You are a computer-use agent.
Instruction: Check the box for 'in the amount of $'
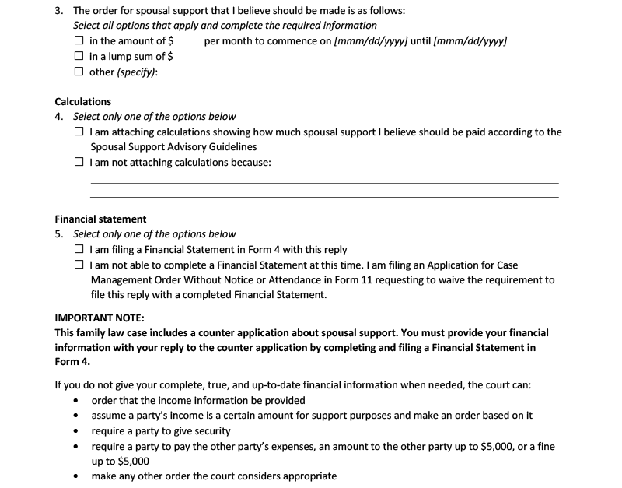point(79,40)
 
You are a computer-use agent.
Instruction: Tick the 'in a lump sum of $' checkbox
point(79,56)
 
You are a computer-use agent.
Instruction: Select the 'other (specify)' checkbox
point(79,72)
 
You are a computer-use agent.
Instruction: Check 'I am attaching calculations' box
point(79,132)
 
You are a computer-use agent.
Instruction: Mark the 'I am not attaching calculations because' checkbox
point(79,163)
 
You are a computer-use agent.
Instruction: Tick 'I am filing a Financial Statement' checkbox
point(79,250)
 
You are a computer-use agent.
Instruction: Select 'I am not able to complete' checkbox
point(79,265)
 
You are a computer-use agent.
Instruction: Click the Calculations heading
point(83,102)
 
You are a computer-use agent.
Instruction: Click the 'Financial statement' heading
point(100,219)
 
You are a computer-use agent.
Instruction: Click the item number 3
point(59,11)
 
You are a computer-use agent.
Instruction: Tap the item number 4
point(59,117)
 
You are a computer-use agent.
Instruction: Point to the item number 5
point(59,234)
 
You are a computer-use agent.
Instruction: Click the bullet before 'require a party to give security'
point(75,431)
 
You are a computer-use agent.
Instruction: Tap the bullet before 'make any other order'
point(75,476)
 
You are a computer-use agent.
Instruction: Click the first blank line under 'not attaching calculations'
point(324,182)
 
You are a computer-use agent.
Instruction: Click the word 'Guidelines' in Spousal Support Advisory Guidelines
point(231,146)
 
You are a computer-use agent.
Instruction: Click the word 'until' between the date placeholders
point(421,40)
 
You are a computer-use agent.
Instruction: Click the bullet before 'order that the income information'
point(75,401)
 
